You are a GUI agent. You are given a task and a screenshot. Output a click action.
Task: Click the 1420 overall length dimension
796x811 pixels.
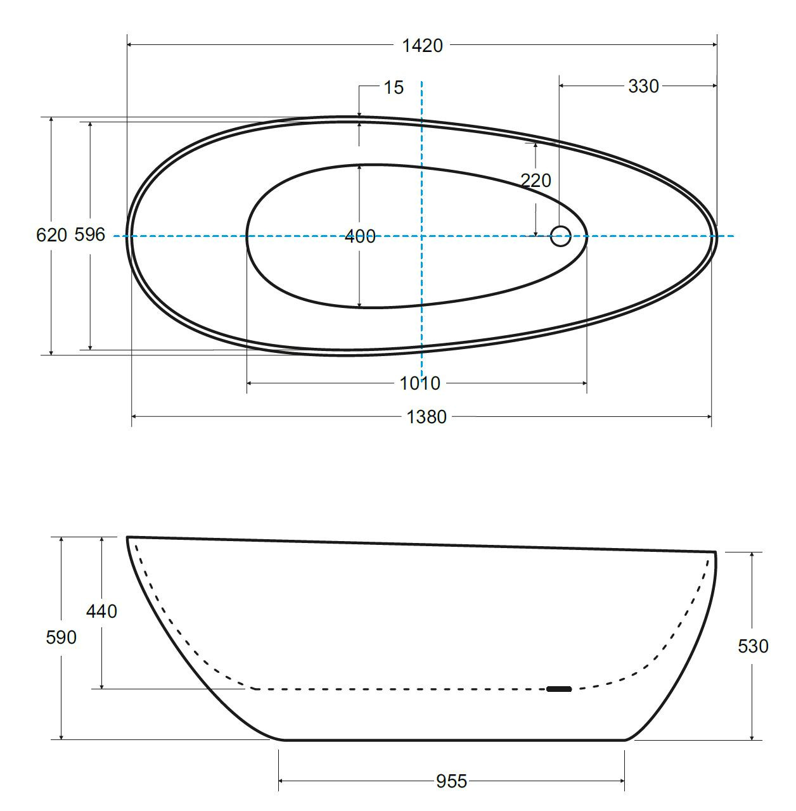[x=423, y=46]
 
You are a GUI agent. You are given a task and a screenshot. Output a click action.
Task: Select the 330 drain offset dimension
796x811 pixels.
[x=643, y=86]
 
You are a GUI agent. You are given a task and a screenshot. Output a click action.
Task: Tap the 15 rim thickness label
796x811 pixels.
[x=394, y=87]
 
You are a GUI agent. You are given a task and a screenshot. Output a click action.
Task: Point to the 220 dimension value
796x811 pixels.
[x=536, y=181]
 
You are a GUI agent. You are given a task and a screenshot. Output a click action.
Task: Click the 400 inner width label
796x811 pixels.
[x=360, y=236]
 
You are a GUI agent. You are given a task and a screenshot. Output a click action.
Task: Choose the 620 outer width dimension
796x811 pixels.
[x=51, y=235]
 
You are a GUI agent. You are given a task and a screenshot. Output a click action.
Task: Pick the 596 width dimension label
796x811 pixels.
[x=90, y=234]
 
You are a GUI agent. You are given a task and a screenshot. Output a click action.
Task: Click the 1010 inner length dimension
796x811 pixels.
[x=420, y=383]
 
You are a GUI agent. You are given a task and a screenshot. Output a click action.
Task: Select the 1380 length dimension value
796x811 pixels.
[x=427, y=417]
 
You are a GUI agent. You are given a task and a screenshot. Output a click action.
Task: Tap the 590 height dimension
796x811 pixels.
[x=61, y=637]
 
